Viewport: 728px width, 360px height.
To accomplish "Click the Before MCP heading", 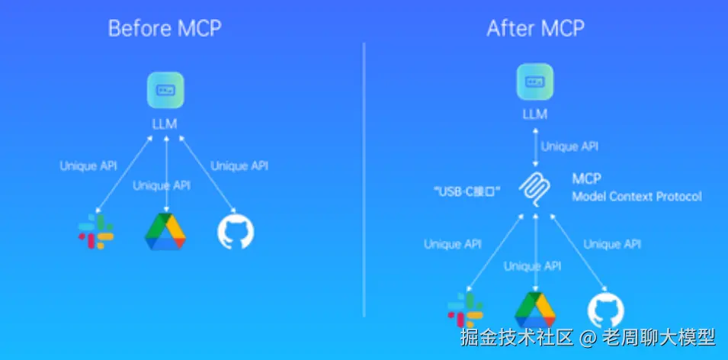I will pos(165,29).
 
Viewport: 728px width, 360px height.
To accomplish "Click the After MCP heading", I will pos(536,29).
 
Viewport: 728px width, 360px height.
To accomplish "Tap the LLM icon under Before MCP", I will pos(165,91).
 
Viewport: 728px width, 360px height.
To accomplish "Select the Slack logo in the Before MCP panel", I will pos(96,232).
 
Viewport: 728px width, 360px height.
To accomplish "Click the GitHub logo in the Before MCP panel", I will pos(236,232).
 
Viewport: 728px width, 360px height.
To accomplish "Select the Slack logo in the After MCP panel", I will pos(465,310).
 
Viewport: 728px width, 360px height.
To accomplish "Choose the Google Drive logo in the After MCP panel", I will pos(535,310).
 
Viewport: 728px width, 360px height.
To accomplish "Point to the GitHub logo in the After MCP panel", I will pos(606,310).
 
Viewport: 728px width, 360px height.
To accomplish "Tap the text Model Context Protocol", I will pos(637,197).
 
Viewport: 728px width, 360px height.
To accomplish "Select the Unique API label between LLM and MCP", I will pos(569,147).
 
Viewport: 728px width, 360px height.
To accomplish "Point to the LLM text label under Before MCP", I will pos(165,123).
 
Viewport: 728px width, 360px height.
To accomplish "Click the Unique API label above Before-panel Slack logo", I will pos(88,166).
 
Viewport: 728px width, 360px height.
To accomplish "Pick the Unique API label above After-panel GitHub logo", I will pos(612,244).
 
